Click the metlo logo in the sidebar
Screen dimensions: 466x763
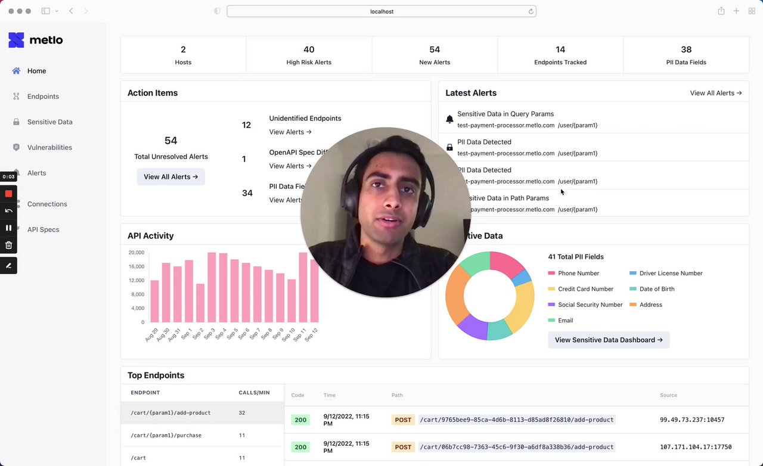(35, 41)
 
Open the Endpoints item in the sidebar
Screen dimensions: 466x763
(43, 97)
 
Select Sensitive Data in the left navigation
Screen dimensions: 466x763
(49, 122)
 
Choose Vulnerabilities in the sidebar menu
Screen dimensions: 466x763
(49, 148)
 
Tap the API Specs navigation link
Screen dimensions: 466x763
(43, 230)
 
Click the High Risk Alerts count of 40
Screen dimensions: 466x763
(309, 50)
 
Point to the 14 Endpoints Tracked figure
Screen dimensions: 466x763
(560, 50)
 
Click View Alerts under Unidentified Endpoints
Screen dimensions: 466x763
(290, 132)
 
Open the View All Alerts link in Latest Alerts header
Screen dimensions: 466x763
(716, 93)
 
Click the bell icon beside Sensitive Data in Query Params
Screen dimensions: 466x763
(450, 119)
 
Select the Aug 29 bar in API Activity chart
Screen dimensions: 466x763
(154, 301)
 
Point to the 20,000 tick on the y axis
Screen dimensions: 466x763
(137, 253)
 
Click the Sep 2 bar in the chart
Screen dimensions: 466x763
(200, 303)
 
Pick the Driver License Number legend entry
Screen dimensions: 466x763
(671, 274)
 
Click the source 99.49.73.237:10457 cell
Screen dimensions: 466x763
(692, 420)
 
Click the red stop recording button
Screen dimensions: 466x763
(8, 194)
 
